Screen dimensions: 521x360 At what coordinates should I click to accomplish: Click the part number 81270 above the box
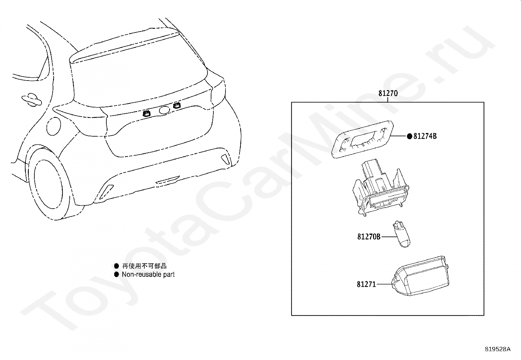pyautogui.click(x=388, y=93)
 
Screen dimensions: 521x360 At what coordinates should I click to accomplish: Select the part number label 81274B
pyautogui.click(x=425, y=136)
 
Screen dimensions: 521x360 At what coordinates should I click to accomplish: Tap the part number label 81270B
pyautogui.click(x=368, y=237)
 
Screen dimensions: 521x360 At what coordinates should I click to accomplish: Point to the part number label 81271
pyautogui.click(x=366, y=284)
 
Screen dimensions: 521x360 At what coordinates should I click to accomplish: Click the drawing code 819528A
pyautogui.click(x=497, y=349)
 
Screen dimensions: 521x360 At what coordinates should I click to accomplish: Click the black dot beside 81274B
pyautogui.click(x=410, y=136)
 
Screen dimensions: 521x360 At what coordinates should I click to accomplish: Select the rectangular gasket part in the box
pyautogui.click(x=362, y=139)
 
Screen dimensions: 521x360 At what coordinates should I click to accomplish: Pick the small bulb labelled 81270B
pyautogui.click(x=402, y=234)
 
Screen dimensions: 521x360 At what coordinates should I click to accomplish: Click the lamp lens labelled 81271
pyautogui.click(x=421, y=276)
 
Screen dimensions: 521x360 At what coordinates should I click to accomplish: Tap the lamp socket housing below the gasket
pyautogui.click(x=381, y=188)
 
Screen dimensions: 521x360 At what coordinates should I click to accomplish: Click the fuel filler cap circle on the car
pyautogui.click(x=54, y=126)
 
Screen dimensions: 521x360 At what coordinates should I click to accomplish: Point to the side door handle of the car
pyautogui.click(x=31, y=100)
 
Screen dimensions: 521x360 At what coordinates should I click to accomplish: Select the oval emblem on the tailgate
pyautogui.click(x=164, y=110)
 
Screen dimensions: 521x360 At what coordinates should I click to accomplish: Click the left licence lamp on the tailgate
pyautogui.click(x=146, y=114)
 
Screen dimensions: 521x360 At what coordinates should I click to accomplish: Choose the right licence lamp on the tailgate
pyautogui.click(x=177, y=106)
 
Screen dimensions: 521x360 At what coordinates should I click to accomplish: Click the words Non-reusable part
pyautogui.click(x=148, y=275)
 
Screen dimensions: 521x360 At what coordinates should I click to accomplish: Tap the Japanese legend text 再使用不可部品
pyautogui.click(x=144, y=266)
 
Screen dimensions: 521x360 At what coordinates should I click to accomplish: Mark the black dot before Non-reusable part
pyautogui.click(x=117, y=275)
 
